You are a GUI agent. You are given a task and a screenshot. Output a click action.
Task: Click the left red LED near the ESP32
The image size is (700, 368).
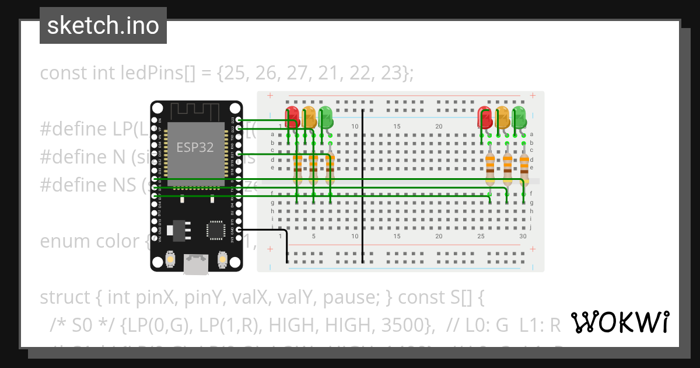(292, 116)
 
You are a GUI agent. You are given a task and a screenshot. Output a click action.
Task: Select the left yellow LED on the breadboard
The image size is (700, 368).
(309, 117)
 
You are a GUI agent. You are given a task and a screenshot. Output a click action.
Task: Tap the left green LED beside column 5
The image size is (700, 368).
(325, 116)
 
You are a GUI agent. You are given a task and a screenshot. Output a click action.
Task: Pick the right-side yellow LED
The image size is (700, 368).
(502, 117)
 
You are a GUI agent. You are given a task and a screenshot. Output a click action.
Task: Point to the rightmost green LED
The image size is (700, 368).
(519, 116)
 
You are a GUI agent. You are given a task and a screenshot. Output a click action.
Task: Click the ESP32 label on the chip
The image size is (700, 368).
(195, 147)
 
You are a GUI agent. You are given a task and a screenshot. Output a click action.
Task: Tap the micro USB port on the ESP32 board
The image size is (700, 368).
(195, 264)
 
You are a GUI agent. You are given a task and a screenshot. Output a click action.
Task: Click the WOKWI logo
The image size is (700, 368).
(619, 322)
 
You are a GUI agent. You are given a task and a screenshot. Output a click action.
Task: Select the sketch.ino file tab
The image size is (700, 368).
(103, 26)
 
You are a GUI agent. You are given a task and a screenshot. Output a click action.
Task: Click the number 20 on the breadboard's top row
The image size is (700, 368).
(439, 127)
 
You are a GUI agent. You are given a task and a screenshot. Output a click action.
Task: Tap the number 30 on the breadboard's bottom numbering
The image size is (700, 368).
(523, 237)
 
